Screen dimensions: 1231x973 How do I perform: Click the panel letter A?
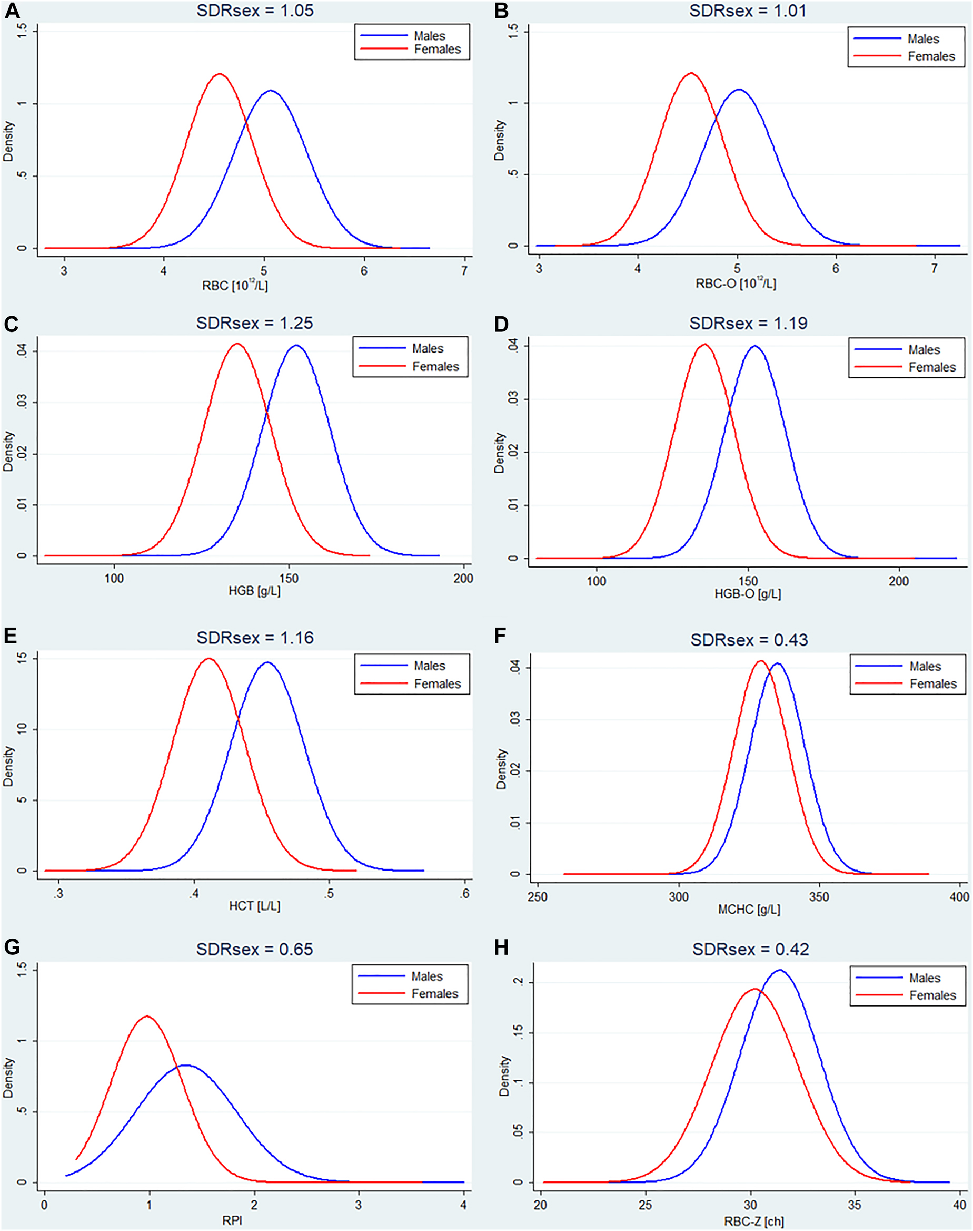tap(12, 11)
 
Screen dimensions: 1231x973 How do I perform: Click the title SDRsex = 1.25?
tap(255, 323)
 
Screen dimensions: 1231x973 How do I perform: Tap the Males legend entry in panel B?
tap(923, 39)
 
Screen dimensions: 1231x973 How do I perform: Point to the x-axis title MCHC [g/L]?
tap(749, 910)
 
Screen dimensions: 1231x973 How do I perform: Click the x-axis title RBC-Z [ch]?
tap(753, 1222)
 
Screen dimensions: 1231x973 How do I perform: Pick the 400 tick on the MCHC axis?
tap(959, 897)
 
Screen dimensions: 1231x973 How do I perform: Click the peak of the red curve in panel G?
tap(147, 1016)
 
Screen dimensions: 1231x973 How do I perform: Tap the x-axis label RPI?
tap(232, 1221)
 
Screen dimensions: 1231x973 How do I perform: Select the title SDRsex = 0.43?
tap(749, 640)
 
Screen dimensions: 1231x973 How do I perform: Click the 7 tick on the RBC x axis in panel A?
tap(464, 270)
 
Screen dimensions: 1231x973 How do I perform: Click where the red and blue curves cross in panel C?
tap(266, 412)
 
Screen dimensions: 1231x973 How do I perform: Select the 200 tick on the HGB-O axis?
tap(898, 581)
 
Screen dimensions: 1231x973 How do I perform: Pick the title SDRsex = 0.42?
tap(750, 950)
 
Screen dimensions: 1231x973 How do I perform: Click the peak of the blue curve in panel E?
tap(266, 662)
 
